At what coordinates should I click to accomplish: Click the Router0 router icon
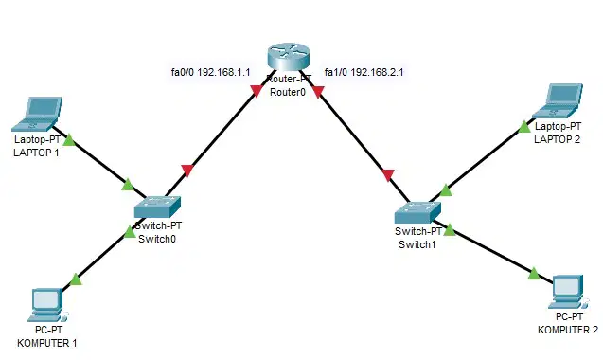pos(288,57)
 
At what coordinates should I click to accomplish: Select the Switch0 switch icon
pos(157,207)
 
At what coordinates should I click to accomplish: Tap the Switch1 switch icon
pos(417,212)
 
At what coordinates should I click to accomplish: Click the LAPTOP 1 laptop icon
pos(37,115)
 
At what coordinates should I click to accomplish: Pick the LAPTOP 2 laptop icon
pos(558,100)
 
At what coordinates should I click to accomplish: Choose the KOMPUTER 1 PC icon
pos(47,305)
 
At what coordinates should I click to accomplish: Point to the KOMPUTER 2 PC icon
pos(568,292)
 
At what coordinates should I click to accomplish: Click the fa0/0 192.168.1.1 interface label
pos(211,72)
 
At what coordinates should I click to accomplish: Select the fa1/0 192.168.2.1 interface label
pos(364,72)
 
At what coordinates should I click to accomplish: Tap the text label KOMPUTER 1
pos(47,343)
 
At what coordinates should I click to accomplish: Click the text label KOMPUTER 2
pos(568,330)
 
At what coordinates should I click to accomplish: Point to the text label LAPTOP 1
pos(36,153)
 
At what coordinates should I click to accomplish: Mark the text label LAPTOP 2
pos(557,139)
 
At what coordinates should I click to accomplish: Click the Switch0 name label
pos(157,239)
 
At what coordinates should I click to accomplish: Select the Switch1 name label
pos(417,244)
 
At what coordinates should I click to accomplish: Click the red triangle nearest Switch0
pos(186,171)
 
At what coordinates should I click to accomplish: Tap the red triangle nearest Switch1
pos(388,175)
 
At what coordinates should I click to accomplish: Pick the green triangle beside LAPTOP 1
pos(69,139)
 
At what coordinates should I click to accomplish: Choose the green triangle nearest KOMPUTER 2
pos(534,274)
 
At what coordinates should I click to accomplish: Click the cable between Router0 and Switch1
pos(355,136)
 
